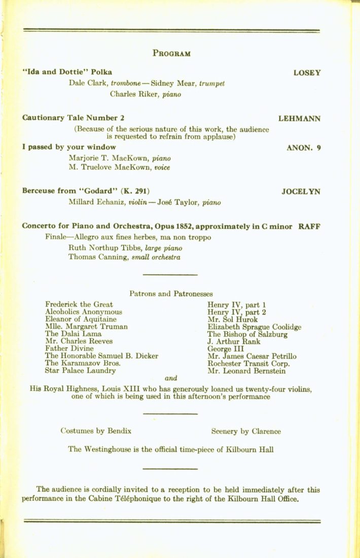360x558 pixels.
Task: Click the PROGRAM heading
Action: coord(171,53)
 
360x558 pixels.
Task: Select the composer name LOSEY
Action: coord(307,73)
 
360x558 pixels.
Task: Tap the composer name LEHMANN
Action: coord(299,118)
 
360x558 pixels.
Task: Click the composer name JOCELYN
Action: coord(301,192)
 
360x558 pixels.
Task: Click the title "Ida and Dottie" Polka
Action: coord(67,72)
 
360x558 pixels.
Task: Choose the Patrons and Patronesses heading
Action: coord(171,293)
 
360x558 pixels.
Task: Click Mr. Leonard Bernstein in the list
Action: coord(246,371)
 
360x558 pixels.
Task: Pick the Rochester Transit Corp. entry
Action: coord(248,364)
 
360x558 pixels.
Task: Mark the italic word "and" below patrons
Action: coord(171,378)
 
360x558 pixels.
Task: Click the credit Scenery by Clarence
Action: coord(246,432)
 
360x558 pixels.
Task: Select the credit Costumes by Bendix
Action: coord(96,432)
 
